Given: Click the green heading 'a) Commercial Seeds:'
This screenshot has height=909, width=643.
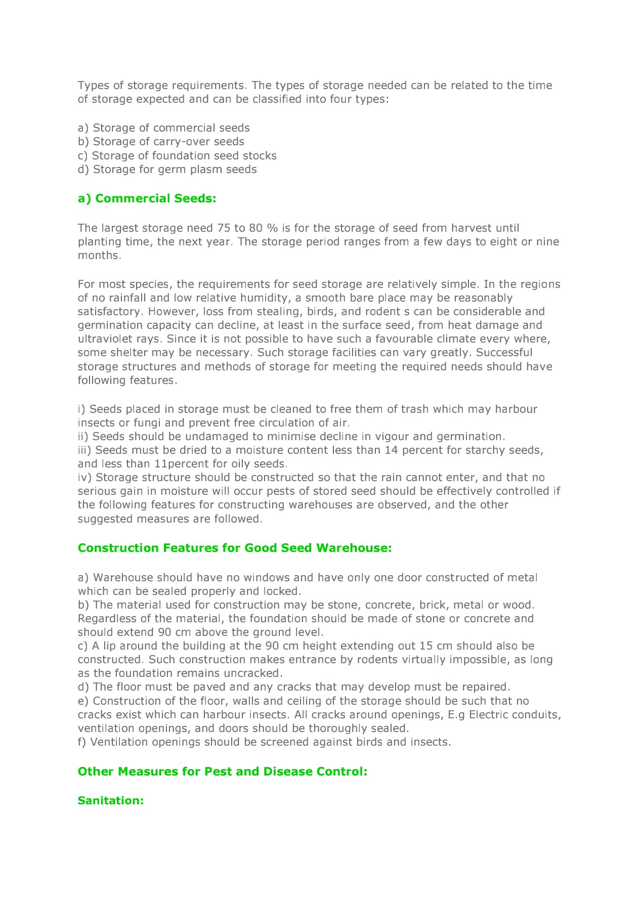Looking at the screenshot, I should (x=147, y=198).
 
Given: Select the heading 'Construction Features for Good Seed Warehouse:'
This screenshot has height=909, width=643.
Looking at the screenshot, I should (x=235, y=548).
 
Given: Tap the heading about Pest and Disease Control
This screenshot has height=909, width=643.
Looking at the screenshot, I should (x=223, y=771).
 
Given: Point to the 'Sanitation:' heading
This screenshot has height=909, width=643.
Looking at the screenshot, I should (x=111, y=800).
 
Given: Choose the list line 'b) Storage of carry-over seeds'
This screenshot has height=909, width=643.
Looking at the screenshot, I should (x=161, y=142).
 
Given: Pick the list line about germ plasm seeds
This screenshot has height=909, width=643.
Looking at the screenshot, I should (x=167, y=169).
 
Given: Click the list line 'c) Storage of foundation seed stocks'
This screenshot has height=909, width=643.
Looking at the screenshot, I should (x=177, y=156).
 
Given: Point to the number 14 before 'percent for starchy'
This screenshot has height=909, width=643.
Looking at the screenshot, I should (x=391, y=450).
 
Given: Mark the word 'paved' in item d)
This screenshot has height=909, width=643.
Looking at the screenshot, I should (x=209, y=687).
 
